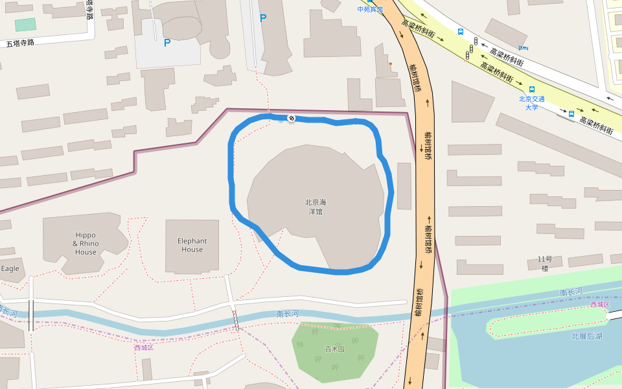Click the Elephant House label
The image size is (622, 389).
tap(192, 245)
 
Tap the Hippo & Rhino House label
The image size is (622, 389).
tap(86, 244)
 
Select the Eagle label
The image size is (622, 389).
tap(10, 268)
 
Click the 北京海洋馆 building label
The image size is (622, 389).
tap(316, 207)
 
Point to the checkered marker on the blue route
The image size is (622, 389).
tap(292, 118)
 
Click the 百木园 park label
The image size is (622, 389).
tap(334, 349)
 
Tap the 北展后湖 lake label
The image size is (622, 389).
tap(586, 336)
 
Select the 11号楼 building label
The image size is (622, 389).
tap(544, 263)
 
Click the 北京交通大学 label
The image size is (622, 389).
tap(531, 103)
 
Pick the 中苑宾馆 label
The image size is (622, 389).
tap(370, 9)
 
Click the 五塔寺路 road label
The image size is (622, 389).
tap(19, 43)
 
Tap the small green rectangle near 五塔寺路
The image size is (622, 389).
tap(25, 25)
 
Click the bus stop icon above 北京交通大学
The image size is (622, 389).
tap(532, 89)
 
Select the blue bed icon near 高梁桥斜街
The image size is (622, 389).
tap(524, 47)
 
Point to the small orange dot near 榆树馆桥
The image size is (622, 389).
tap(390, 64)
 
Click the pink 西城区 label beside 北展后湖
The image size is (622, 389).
tap(599, 304)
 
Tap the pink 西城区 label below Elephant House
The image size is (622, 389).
tap(143, 348)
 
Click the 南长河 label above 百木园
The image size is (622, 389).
tap(287, 314)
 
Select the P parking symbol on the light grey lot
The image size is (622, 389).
tap(167, 43)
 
